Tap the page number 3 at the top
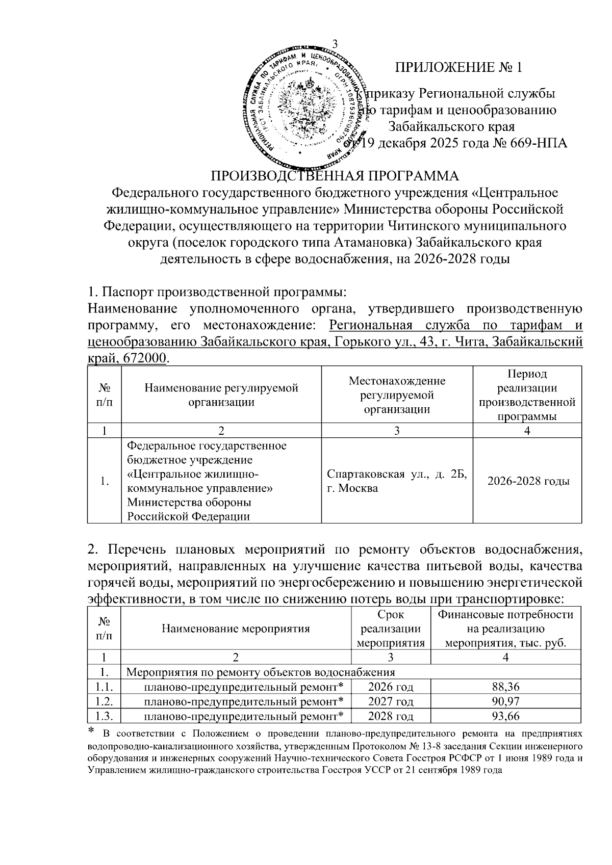tap(335, 43)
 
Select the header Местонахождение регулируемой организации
tap(397, 395)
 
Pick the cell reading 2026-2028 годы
tap(528, 481)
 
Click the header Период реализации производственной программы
tap(528, 395)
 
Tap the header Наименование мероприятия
tap(236, 628)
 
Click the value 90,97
tap(505, 701)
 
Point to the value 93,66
tap(505, 716)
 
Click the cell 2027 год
tap(391, 701)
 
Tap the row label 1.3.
tap(104, 716)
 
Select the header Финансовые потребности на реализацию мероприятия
tap(505, 628)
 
